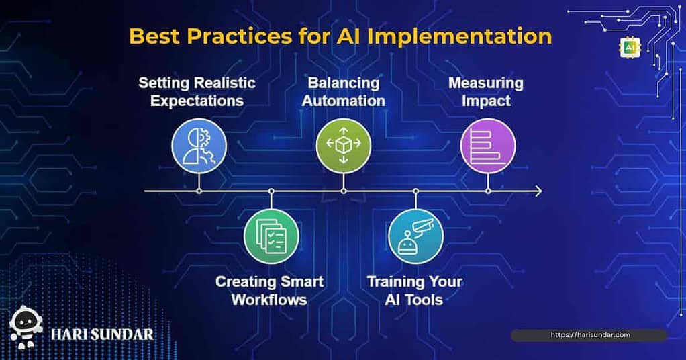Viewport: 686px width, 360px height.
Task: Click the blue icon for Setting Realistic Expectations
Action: click(x=199, y=145)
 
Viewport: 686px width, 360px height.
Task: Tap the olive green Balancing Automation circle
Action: click(x=344, y=145)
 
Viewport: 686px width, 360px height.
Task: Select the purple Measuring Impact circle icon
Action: click(x=488, y=145)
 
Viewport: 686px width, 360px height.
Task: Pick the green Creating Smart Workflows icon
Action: click(x=271, y=236)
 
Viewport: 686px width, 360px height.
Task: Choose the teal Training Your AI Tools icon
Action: click(x=415, y=236)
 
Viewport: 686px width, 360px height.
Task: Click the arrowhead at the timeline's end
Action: click(x=539, y=191)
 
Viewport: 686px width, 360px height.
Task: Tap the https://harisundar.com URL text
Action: click(x=590, y=335)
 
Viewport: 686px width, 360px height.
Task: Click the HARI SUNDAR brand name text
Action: click(x=103, y=335)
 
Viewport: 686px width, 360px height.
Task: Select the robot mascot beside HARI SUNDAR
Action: click(x=26, y=327)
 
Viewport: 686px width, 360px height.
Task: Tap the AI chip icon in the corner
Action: click(x=630, y=47)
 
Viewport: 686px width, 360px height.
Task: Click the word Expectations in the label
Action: click(x=197, y=101)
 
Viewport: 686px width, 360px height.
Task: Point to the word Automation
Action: click(x=344, y=101)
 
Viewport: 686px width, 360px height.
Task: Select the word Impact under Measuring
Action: click(x=486, y=101)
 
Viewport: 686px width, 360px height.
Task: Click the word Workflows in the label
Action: click(x=269, y=300)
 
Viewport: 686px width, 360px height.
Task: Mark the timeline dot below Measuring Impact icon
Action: click(x=488, y=191)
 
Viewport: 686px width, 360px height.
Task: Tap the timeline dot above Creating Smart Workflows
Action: click(x=271, y=191)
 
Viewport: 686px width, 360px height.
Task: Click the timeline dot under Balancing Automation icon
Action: click(x=344, y=191)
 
